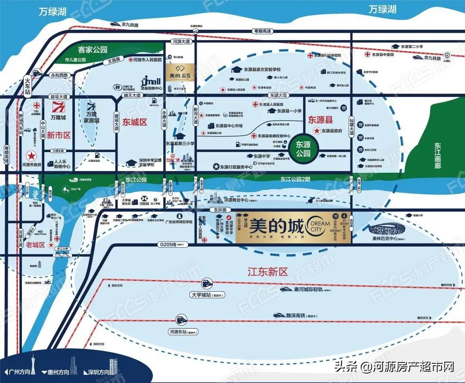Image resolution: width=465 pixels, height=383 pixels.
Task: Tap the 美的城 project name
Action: (276, 224)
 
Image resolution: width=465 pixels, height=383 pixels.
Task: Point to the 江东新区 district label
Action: (267, 271)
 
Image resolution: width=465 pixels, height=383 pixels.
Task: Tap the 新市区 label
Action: (59, 135)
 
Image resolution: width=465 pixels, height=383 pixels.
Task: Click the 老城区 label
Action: (36, 245)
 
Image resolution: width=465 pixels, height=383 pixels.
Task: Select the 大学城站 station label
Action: (205, 295)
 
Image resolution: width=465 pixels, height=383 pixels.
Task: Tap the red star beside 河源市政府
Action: (31, 155)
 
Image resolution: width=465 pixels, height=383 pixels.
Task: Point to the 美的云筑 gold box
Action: (180, 72)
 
